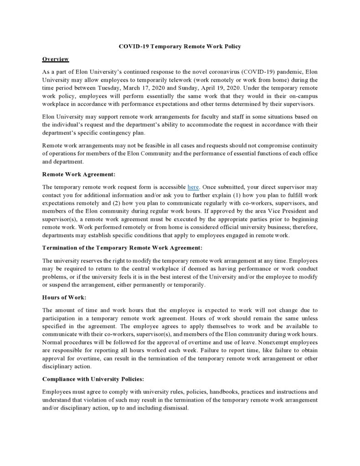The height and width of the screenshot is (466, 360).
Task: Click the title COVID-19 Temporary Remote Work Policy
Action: point(180,47)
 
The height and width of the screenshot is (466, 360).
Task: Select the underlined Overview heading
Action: point(55,59)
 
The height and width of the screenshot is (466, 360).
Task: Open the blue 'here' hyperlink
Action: point(193,187)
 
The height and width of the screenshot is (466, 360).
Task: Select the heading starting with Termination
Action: point(122,248)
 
